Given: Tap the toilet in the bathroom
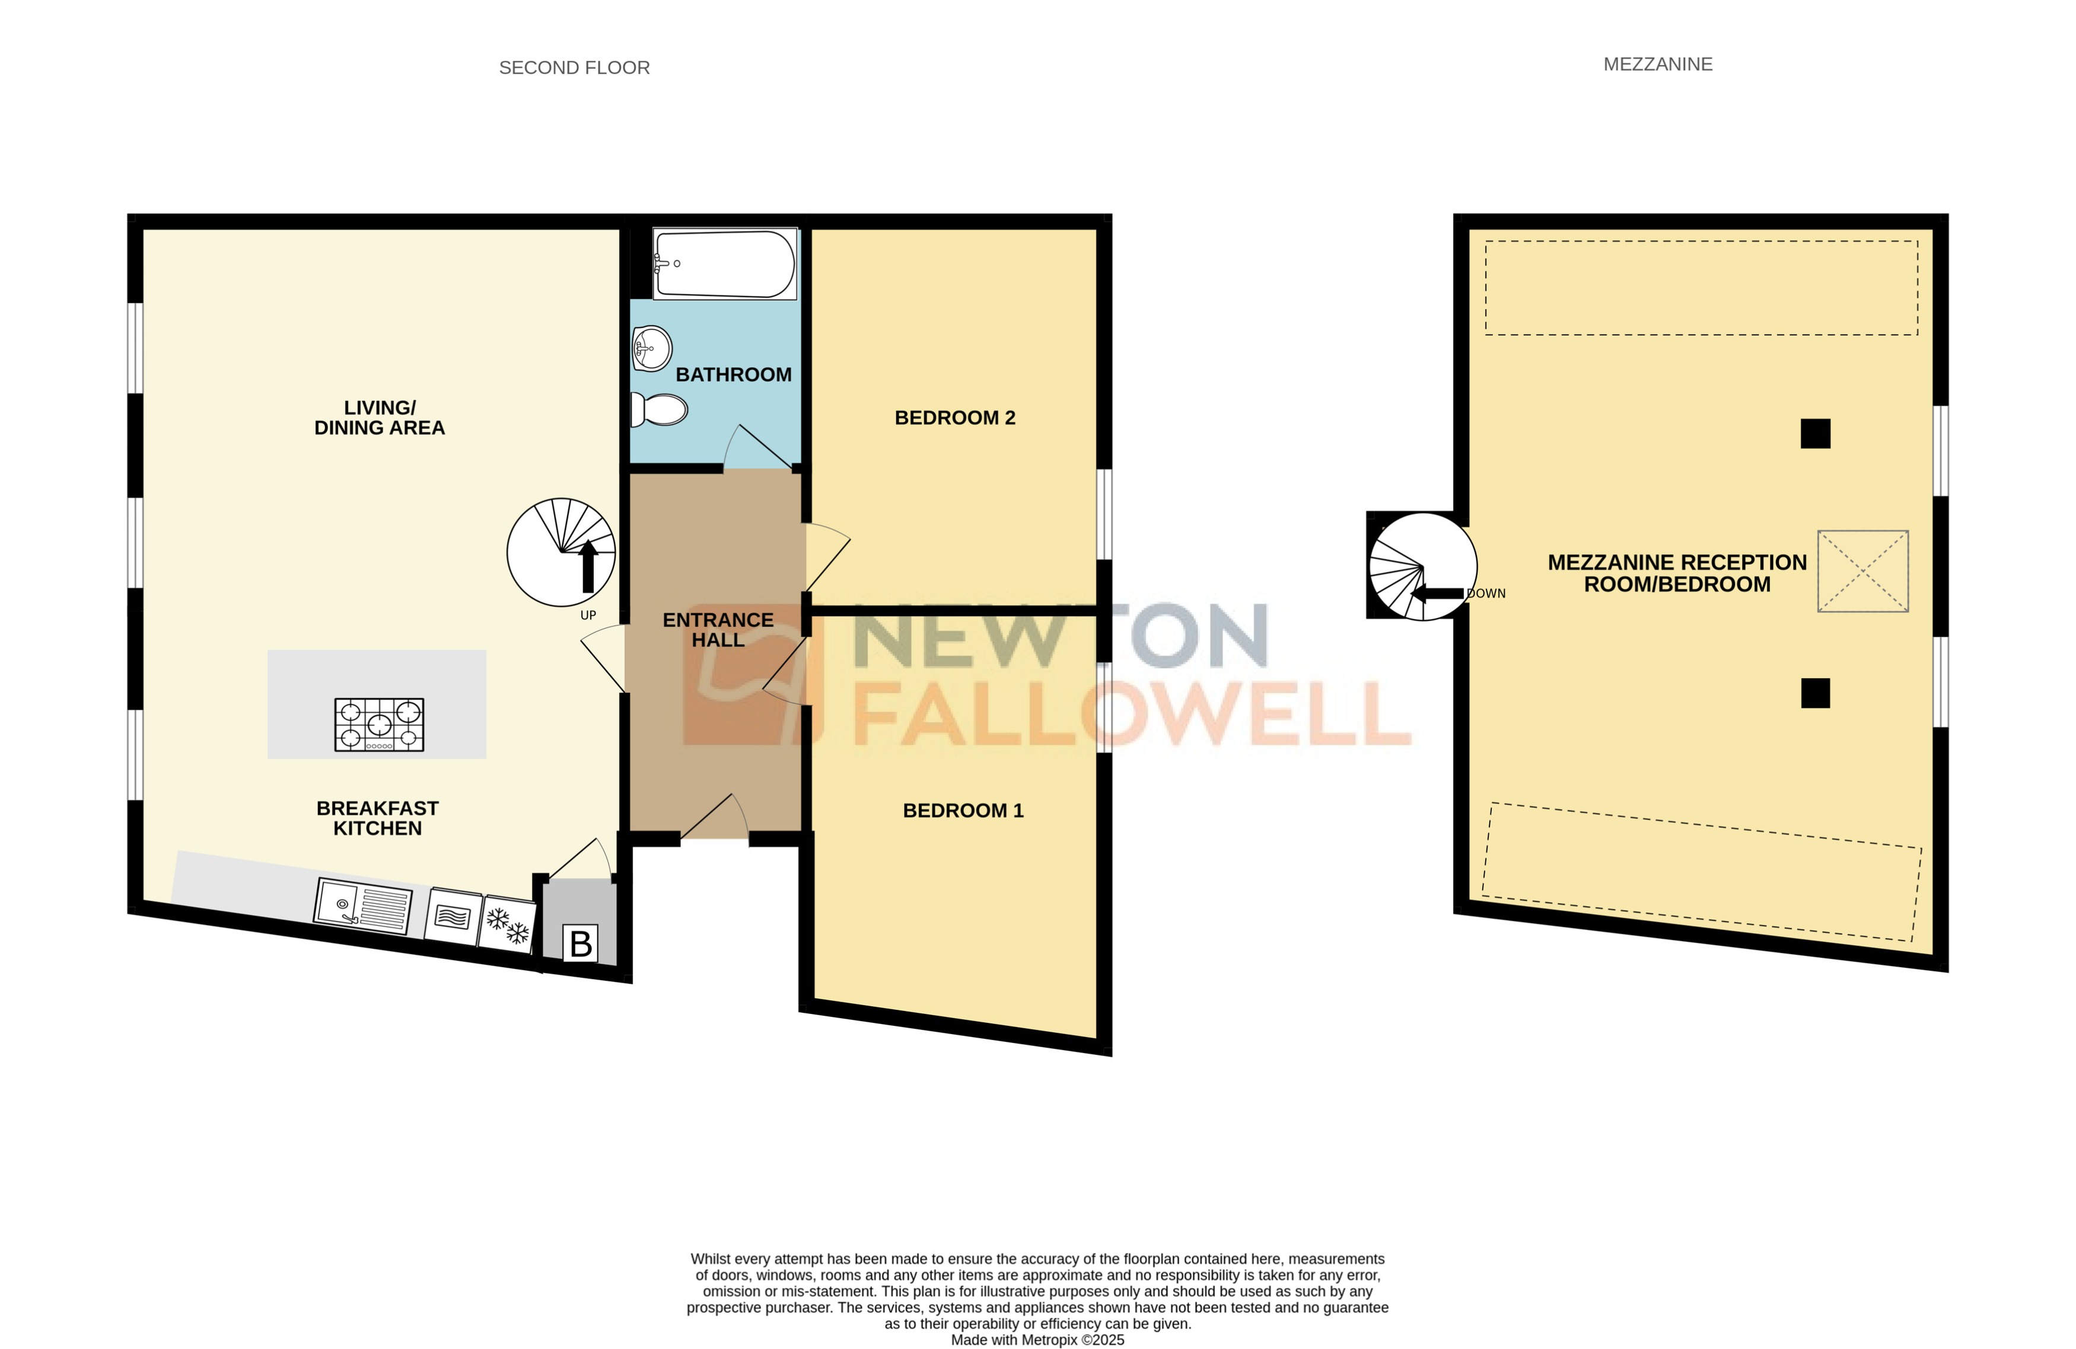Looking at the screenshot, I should [660, 409].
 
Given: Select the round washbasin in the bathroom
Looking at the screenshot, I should [652, 348].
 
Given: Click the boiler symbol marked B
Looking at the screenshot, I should [580, 943].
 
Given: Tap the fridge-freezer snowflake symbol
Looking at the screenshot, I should [508, 924].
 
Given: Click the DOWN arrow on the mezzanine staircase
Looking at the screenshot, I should [1437, 594].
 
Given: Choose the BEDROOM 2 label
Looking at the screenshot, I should [955, 417].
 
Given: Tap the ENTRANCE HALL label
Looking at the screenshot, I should [718, 630].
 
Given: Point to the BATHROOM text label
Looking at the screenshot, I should [734, 374].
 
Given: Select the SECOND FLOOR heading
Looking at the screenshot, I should [574, 68].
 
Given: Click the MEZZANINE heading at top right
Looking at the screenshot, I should [1657, 65].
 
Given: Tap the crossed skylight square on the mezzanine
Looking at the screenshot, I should [1862, 571].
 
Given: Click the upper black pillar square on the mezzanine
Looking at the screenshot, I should [1815, 433].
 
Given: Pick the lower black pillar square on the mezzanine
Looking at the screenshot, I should [1815, 693].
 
